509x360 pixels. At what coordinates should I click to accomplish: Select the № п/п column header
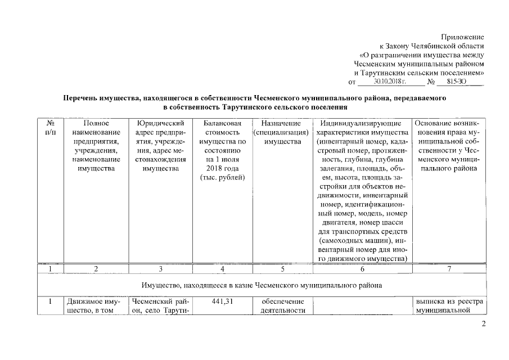[50, 127]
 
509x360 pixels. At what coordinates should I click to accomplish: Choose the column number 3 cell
[160, 269]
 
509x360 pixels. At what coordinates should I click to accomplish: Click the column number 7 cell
[449, 269]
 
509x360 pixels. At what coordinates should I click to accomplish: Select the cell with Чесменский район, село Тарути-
[160, 306]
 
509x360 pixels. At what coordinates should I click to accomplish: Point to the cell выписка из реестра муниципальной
[449, 306]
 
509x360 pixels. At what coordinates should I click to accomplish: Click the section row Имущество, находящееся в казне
[262, 285]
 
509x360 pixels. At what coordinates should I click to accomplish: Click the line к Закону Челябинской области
[432, 46]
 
